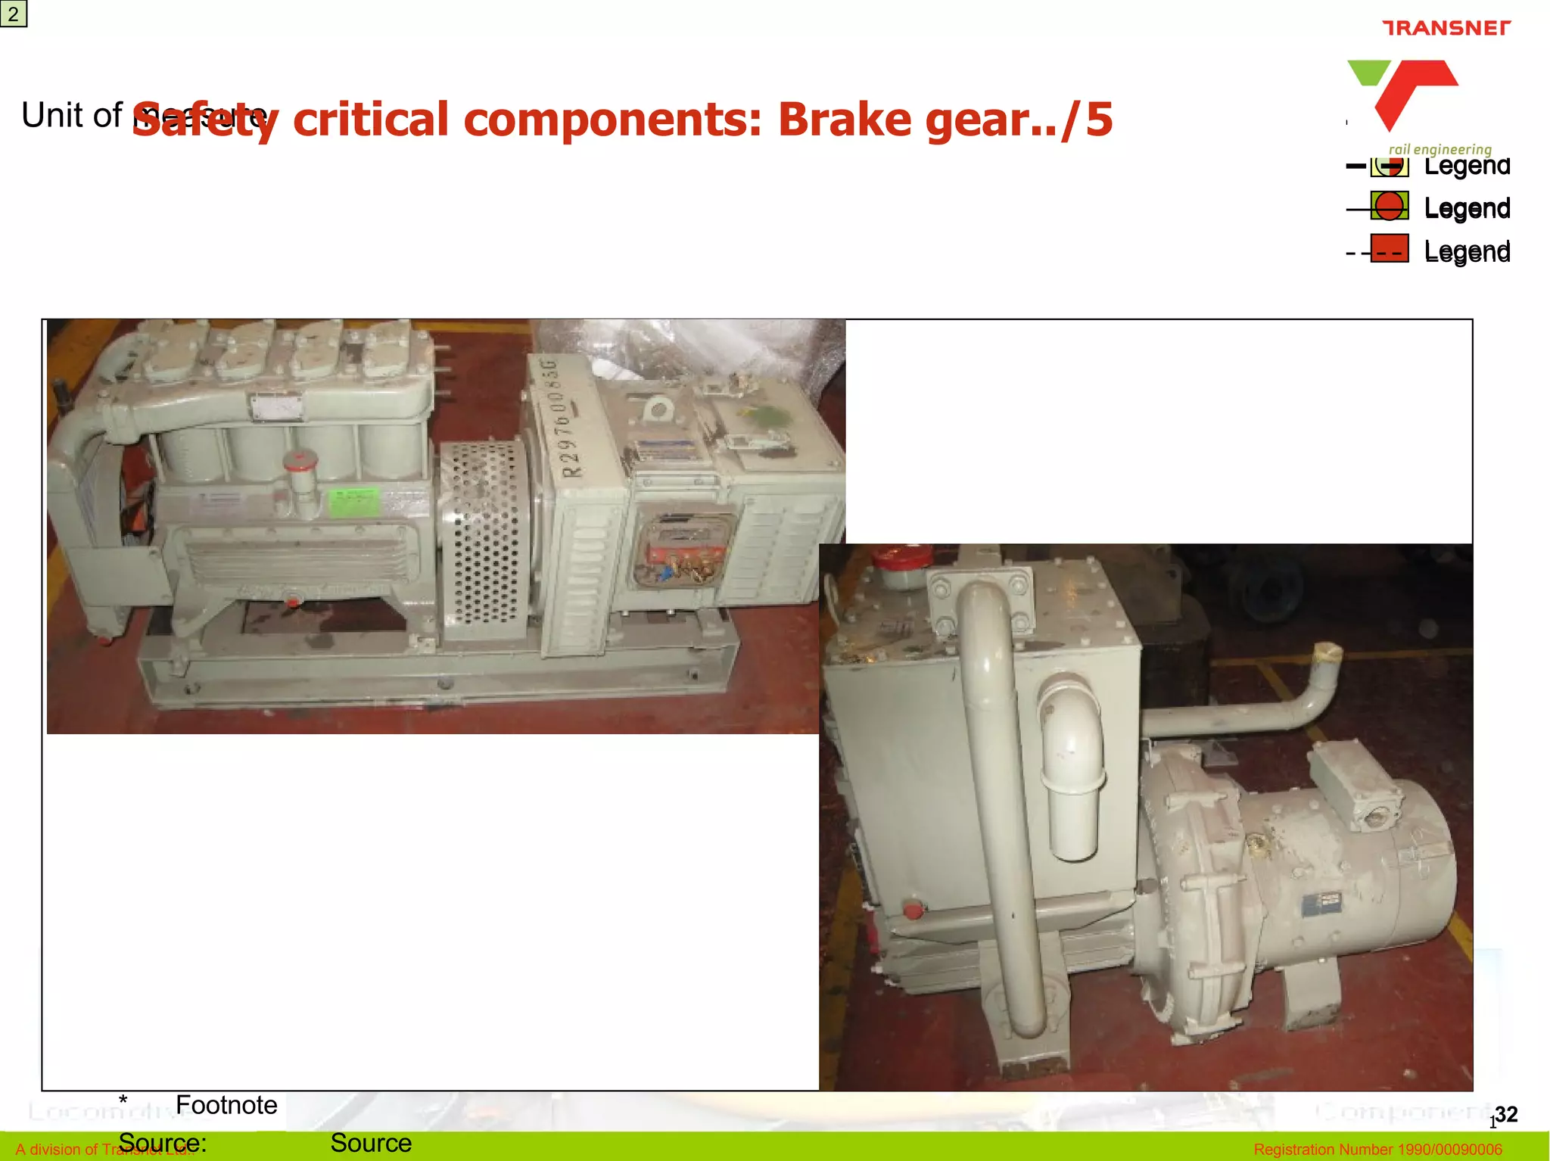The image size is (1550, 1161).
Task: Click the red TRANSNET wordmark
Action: coord(1446,28)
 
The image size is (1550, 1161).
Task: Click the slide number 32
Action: coord(1506,1114)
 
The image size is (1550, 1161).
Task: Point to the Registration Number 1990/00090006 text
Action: coord(1377,1150)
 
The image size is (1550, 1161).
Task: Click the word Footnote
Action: coord(226,1105)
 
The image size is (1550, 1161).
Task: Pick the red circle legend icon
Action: coord(1389,207)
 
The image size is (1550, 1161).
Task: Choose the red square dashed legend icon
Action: coord(1389,249)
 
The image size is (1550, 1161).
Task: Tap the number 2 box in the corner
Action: coord(14,14)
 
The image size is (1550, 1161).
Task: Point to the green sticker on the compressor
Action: coord(353,501)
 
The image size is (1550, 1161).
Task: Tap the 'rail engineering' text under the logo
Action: coord(1440,149)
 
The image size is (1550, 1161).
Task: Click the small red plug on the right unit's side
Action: coord(914,909)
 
